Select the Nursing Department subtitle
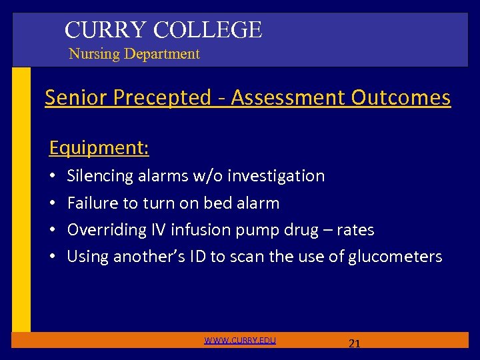(134, 54)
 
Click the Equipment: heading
(99, 147)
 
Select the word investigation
(276, 176)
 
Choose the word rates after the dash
(355, 230)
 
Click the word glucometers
(395, 257)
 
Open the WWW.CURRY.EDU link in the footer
(240, 341)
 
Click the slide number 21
(355, 344)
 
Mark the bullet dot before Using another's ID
(52, 257)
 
